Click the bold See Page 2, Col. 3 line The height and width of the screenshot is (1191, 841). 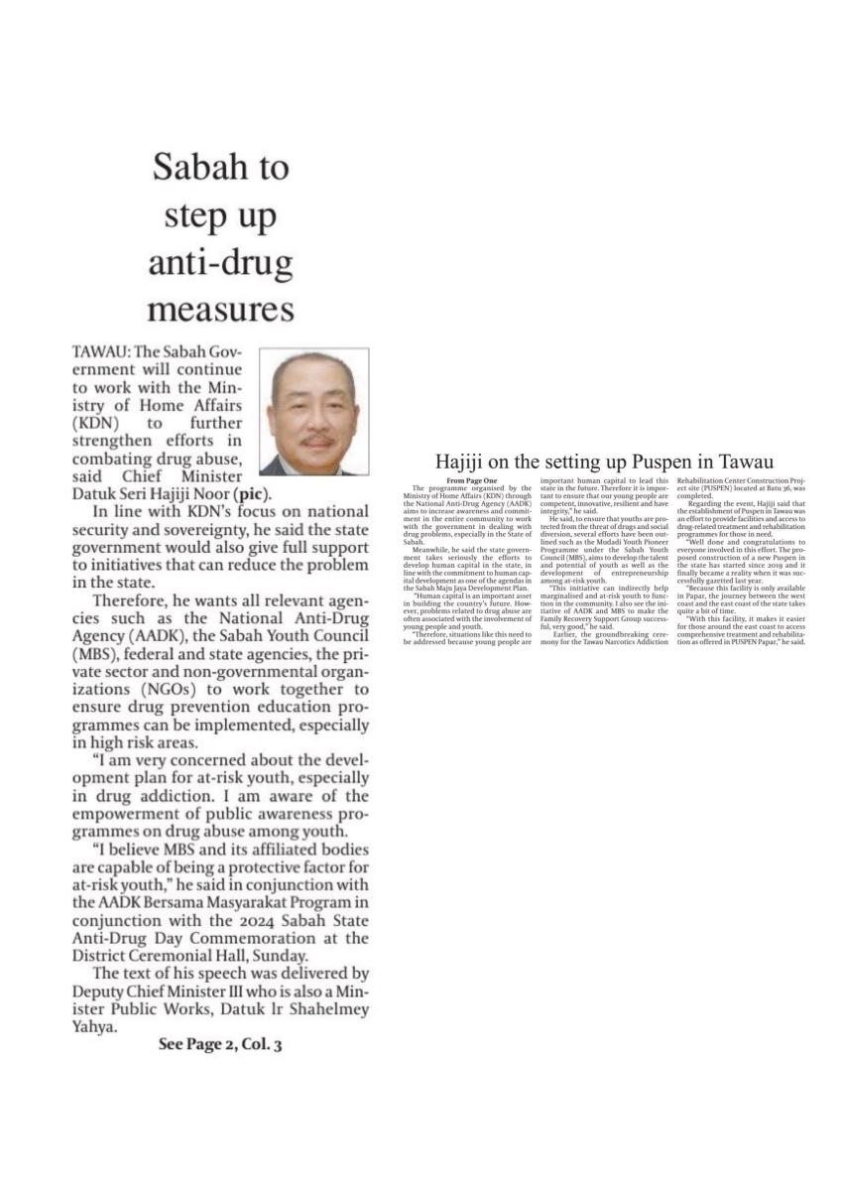coord(220,1045)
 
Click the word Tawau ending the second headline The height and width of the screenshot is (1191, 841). coord(747,462)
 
